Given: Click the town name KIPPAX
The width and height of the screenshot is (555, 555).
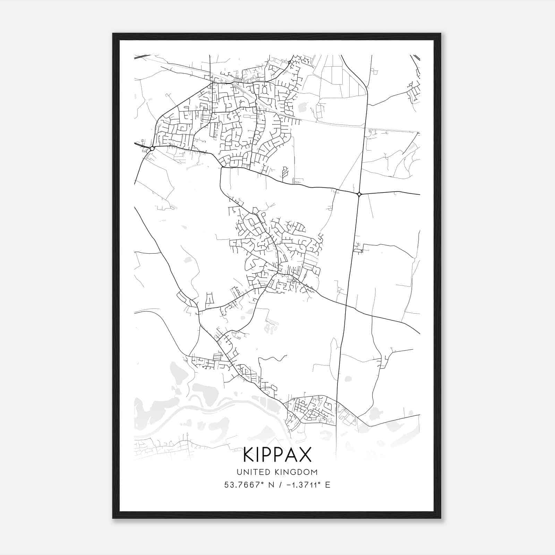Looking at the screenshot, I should tap(277, 455).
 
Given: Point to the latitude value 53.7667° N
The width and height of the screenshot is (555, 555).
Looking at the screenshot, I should tap(247, 485).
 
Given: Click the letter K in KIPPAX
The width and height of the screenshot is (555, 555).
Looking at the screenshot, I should tap(249, 455).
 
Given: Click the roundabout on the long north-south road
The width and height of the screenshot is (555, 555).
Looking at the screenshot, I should tap(359, 194).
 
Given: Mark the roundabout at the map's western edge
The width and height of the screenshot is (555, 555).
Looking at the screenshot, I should tap(152, 148).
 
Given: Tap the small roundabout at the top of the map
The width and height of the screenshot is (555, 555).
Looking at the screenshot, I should tap(289, 62).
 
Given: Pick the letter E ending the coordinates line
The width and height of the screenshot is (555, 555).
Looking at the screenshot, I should tap(327, 485).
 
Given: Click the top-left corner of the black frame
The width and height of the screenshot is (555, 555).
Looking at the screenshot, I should tap(113, 34).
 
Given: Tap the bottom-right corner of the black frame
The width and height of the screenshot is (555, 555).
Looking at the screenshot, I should tap(441, 518).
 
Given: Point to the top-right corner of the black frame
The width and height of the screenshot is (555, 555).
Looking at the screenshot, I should tap(441, 34).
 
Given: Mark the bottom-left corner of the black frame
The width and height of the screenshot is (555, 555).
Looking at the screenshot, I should tap(113, 518).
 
